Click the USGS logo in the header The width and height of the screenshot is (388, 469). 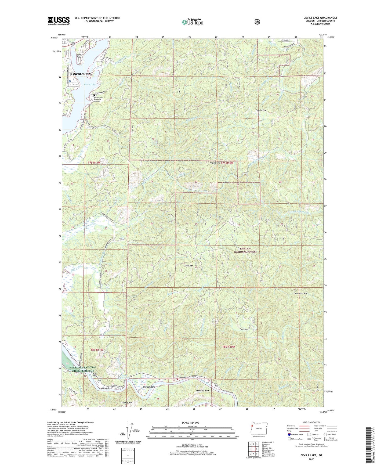[59, 21]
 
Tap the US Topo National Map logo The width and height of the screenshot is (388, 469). [192, 22]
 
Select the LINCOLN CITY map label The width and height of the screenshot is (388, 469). [81, 74]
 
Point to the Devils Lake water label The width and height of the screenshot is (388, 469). [89, 84]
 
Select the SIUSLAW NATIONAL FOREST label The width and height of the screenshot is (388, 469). [245, 250]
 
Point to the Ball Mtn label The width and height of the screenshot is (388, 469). [189, 266]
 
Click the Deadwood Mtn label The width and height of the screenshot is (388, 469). [301, 293]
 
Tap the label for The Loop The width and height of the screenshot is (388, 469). [244, 329]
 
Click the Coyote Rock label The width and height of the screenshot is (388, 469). [105, 389]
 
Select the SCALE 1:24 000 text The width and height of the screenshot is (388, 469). [190, 423]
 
